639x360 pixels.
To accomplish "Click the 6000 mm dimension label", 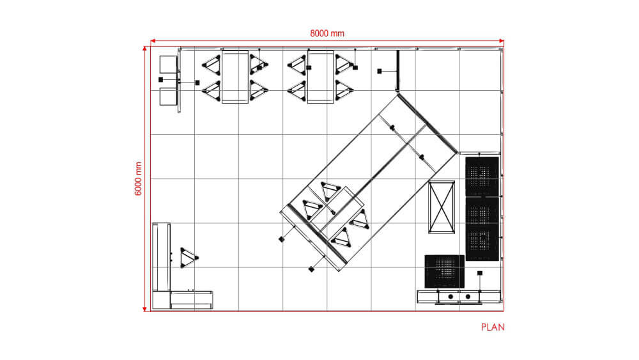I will pyautogui.click(x=139, y=178).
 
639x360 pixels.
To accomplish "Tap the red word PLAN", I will pyautogui.click(x=492, y=327).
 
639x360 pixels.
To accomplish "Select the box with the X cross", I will pyautogui.click(x=442, y=208).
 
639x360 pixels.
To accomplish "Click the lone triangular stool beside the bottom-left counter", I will pyautogui.click(x=189, y=258).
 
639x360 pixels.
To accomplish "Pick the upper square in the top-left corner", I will pyautogui.click(x=167, y=65).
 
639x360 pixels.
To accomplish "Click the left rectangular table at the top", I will pyautogui.click(x=235, y=77).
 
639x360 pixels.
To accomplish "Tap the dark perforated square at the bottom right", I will pyautogui.click(x=443, y=271).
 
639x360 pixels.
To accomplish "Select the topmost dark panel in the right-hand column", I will pyautogui.click(x=481, y=175).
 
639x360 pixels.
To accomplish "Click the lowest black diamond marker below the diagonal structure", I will pyautogui.click(x=311, y=269).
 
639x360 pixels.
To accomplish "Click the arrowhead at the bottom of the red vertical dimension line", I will pyautogui.click(x=145, y=308).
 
